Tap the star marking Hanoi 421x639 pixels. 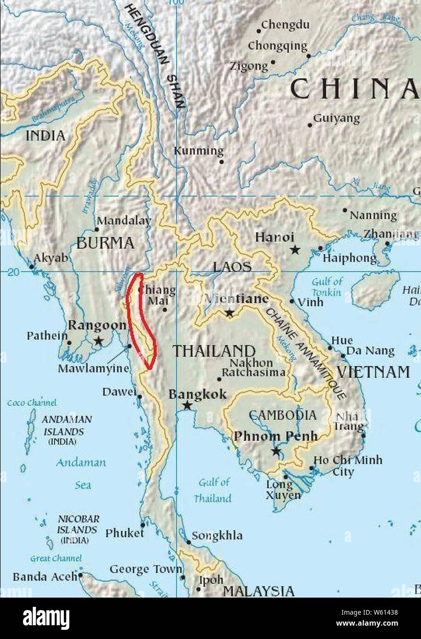tap(295, 250)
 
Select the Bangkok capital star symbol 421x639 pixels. tap(187, 405)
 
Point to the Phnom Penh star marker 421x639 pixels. tap(275, 451)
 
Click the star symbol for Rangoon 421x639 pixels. tap(98, 341)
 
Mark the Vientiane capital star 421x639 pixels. tap(229, 313)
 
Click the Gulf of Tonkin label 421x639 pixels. tap(327, 287)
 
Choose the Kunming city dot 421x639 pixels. tap(221, 161)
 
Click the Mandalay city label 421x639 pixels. tap(124, 221)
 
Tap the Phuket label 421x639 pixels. tap(124, 533)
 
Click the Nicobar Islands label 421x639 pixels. tap(78, 529)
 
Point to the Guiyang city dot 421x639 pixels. tap(310, 125)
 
